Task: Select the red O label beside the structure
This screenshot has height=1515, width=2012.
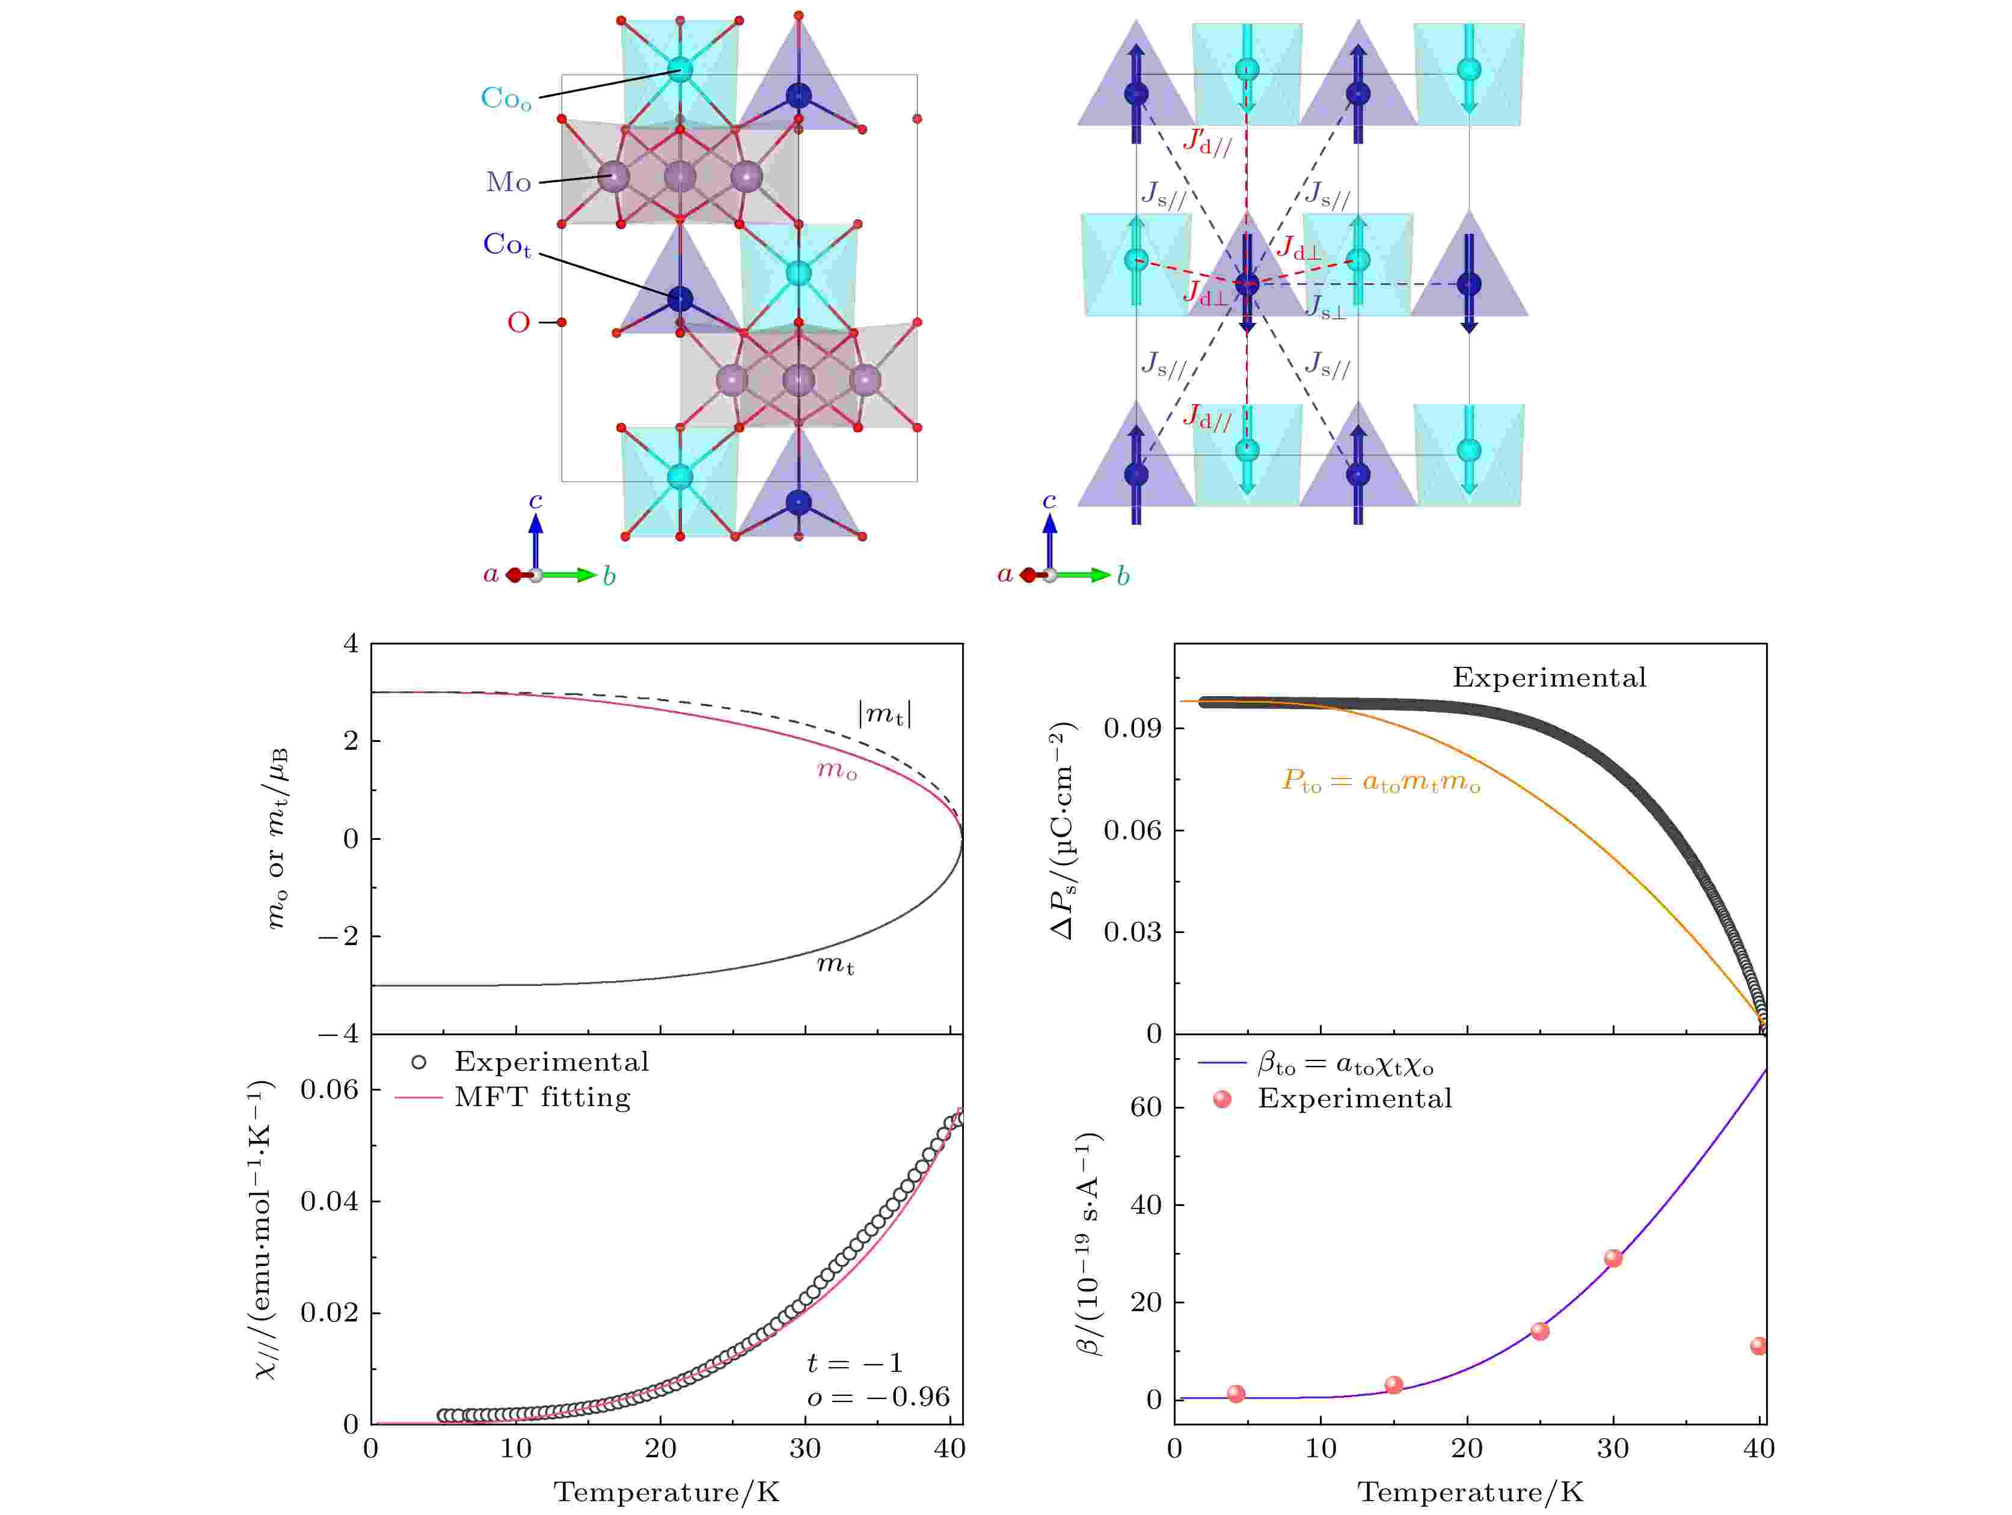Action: [x=518, y=323]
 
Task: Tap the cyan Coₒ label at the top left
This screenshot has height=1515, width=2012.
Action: [x=506, y=98]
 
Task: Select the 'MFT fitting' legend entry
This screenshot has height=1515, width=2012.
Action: [x=542, y=1098]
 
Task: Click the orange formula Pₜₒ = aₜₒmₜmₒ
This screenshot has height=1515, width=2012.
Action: [x=1381, y=781]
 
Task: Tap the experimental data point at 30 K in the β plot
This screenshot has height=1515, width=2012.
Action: [x=1613, y=1258]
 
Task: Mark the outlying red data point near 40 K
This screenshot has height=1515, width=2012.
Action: [x=1758, y=1346]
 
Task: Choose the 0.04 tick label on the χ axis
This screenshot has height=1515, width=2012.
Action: [x=330, y=1201]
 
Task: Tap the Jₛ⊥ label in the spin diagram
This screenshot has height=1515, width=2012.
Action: [x=1326, y=307]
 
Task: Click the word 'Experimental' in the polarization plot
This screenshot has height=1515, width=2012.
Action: [x=1549, y=678]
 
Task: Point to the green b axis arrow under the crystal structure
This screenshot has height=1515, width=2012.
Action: [x=573, y=575]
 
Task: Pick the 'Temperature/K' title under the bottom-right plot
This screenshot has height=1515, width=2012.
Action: [x=1471, y=1492]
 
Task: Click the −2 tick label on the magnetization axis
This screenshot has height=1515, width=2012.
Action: [x=339, y=937]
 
